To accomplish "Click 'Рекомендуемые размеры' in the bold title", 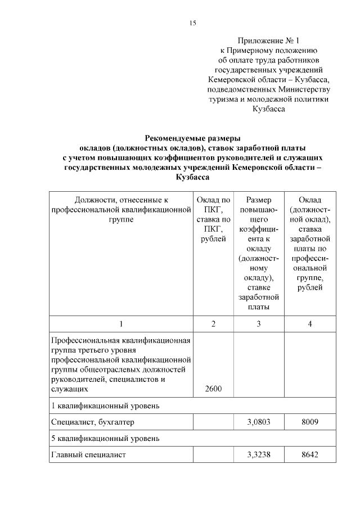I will pos(192,138).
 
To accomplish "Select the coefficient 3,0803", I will pos(258,421).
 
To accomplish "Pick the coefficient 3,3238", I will pos(258,454).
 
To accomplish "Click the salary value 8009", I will pos(310,421).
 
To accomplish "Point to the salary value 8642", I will pos(310,454).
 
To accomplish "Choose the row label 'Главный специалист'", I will pos(88,454).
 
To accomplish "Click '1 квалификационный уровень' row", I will pos(105,405).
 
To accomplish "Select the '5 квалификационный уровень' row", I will pos(105,438).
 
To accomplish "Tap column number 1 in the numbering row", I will pos(121,323).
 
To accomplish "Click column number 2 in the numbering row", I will pos(213,323).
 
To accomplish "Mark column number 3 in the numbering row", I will pos(258,323).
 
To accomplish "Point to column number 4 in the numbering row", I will pos(310,323).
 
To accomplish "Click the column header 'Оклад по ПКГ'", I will pos(213,204).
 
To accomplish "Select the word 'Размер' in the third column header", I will pos(258,200).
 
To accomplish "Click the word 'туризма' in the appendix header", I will pos(223,99).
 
